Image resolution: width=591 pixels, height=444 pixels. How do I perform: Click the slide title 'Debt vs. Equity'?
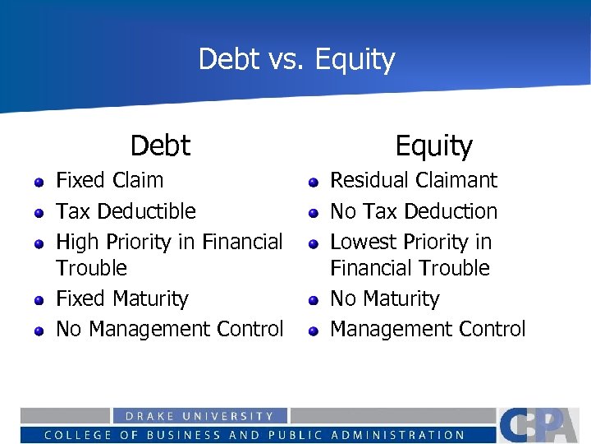click(296, 59)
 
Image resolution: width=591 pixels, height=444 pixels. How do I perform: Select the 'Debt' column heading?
click(160, 146)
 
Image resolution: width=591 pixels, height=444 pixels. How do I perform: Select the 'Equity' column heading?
click(433, 146)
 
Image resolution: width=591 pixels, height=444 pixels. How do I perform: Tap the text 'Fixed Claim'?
click(109, 180)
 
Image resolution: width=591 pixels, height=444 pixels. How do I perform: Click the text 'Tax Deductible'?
click(126, 211)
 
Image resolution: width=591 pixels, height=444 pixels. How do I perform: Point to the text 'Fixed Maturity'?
click(121, 298)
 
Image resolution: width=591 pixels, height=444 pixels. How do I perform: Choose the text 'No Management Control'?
click(169, 329)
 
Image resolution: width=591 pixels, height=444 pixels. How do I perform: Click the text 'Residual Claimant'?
click(413, 180)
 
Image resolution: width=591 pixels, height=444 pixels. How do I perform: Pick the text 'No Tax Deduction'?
click(413, 211)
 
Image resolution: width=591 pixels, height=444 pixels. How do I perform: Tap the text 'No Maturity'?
click(384, 298)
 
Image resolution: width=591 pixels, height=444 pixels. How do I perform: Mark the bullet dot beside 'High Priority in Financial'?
click(39, 244)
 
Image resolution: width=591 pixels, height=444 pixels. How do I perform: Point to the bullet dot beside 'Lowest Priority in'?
click(313, 244)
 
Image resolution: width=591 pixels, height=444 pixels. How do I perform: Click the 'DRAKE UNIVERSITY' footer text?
click(199, 416)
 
